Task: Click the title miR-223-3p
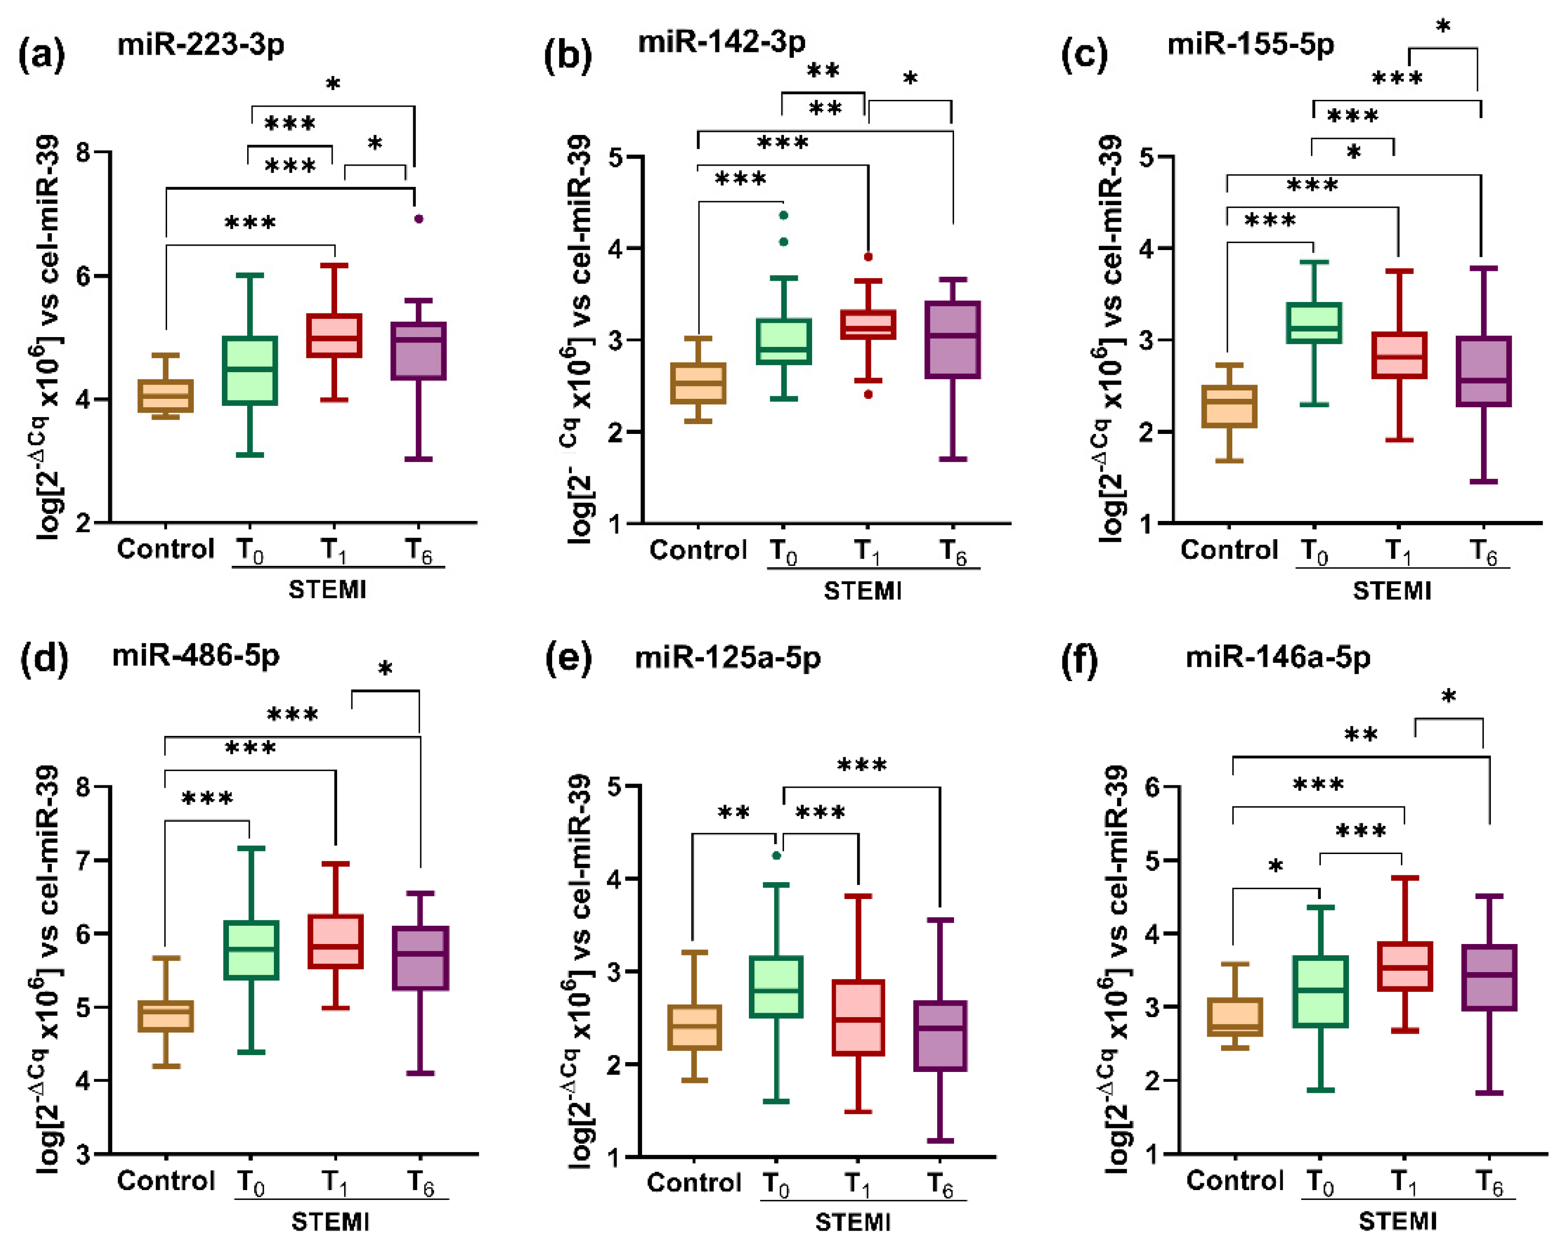coord(201,45)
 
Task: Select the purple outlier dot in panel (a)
coord(418,218)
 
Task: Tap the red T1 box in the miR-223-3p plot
coord(334,336)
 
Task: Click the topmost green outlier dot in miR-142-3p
coord(783,215)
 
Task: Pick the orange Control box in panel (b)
coord(698,383)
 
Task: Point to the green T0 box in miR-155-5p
coord(1313,322)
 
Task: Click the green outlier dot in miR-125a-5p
coord(777,856)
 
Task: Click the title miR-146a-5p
coord(1278,657)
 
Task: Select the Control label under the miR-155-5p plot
coord(1229,550)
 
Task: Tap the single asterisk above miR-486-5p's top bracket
coord(386,668)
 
